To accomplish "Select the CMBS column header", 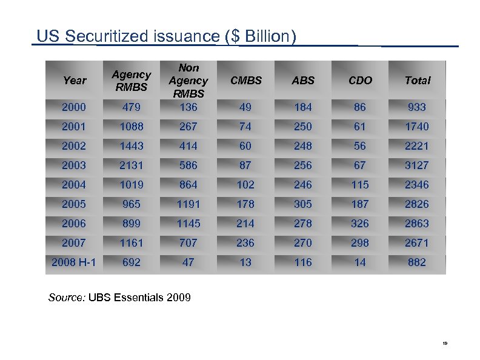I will pyautogui.click(x=245, y=80).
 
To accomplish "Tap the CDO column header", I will pyautogui.click(x=360, y=80).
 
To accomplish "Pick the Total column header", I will pyautogui.click(x=417, y=80).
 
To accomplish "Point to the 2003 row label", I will pyautogui.click(x=74, y=165).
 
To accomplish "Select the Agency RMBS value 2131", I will pyautogui.click(x=132, y=165).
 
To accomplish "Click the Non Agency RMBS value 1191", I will pyautogui.click(x=188, y=204).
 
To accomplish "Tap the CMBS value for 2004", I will pyautogui.click(x=245, y=184).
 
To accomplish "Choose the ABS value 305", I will pyautogui.click(x=303, y=204).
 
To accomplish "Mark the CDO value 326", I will pyautogui.click(x=360, y=223).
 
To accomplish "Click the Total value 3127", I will pyautogui.click(x=417, y=165).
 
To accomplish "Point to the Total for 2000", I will pyautogui.click(x=417, y=107).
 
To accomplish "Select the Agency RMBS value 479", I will pyautogui.click(x=132, y=107).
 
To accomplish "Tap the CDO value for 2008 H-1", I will pyautogui.click(x=360, y=262).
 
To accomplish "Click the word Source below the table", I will pyautogui.click(x=67, y=298).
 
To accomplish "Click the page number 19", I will pyautogui.click(x=445, y=344).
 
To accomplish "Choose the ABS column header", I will pyautogui.click(x=303, y=80).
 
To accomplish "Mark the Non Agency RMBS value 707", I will pyautogui.click(x=188, y=242).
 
